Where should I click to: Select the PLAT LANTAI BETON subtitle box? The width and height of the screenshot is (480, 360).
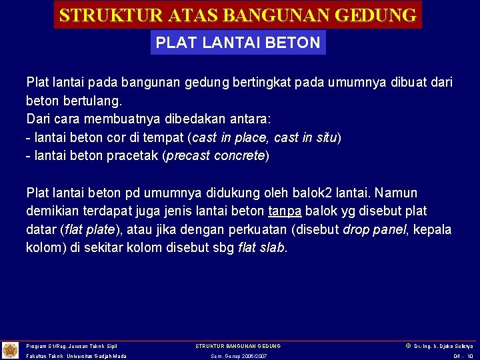[x=238, y=43]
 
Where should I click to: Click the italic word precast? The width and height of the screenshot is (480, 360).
[x=187, y=156]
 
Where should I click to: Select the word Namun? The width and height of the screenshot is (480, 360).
[x=396, y=193]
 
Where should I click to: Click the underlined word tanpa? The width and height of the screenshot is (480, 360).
[x=285, y=211]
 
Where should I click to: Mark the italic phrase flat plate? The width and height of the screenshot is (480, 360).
[x=90, y=230]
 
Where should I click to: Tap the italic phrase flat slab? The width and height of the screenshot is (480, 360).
[x=262, y=248]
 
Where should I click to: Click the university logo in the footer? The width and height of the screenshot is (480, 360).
[x=11, y=350]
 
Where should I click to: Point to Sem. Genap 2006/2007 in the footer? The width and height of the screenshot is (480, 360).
[x=238, y=356]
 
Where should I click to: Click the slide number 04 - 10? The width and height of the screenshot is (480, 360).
[x=463, y=356]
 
